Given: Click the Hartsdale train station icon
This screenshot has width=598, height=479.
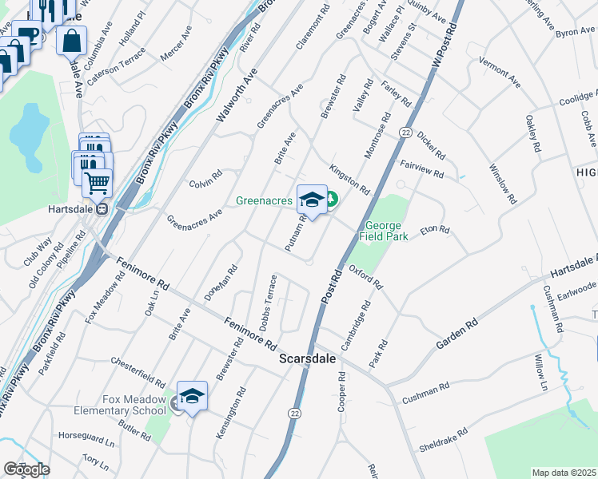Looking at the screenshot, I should click(102, 209).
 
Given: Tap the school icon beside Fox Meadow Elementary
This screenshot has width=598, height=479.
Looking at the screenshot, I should click(192, 397).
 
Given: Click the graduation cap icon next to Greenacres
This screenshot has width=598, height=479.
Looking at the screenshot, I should click(312, 200).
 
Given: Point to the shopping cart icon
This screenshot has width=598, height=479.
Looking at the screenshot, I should click(98, 183).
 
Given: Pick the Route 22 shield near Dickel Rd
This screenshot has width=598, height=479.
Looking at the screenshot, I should click(406, 133).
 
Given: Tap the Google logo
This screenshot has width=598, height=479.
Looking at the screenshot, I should click(26, 469).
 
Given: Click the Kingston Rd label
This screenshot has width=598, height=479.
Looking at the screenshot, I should click(349, 180).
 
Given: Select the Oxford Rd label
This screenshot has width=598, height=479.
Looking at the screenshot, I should click(365, 277).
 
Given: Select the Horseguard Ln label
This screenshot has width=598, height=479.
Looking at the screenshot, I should click(87, 437).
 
